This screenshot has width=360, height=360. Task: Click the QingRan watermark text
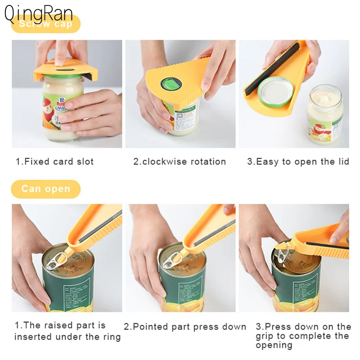(38, 13)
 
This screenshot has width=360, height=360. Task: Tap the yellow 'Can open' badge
(45, 189)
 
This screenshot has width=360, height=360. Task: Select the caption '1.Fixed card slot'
(54, 162)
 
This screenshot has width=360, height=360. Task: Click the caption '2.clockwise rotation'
(180, 162)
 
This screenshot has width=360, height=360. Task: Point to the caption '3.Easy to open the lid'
(298, 162)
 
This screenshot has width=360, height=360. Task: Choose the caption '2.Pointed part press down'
(185, 327)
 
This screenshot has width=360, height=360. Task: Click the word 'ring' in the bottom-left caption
(111, 337)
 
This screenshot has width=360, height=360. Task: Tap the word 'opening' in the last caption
(274, 345)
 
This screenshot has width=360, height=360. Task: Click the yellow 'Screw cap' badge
(45, 24)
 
